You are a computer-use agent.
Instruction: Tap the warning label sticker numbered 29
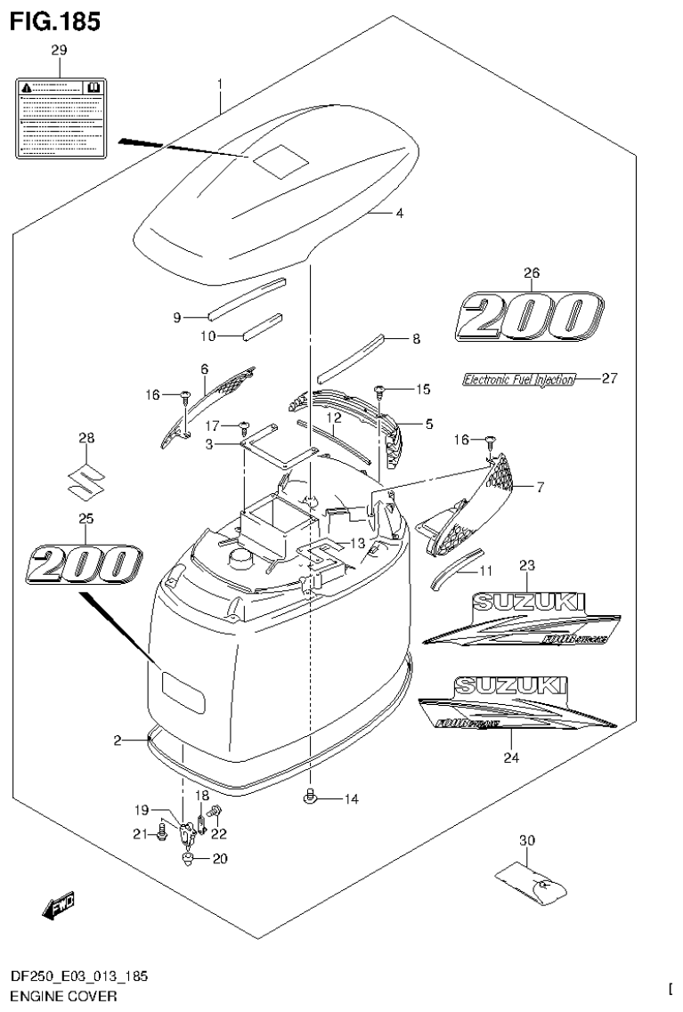(x=60, y=117)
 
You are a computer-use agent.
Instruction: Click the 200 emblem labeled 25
(x=85, y=565)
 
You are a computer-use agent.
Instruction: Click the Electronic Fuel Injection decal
(x=518, y=379)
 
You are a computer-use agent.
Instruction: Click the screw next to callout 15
(x=379, y=390)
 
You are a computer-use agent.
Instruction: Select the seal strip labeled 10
(x=262, y=325)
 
